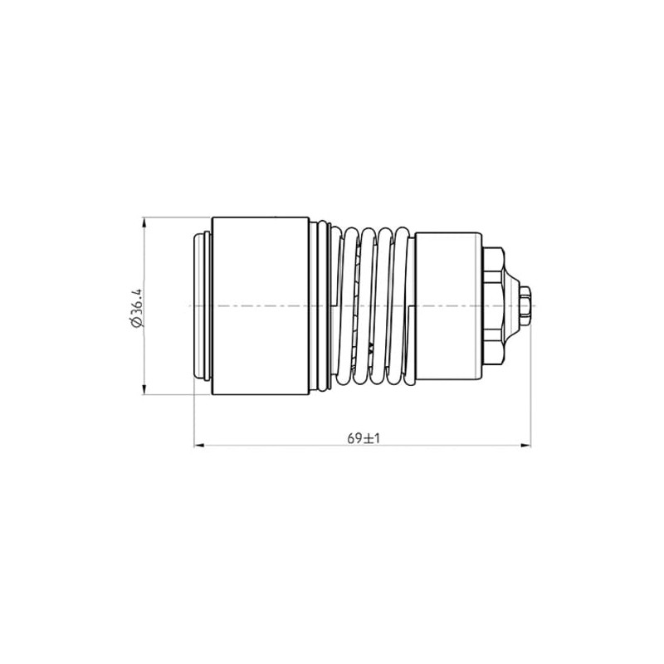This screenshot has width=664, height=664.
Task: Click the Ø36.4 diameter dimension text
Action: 137,308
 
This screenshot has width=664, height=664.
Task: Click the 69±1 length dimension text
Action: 364,438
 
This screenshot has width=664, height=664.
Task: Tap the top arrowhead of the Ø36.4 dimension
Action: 144,223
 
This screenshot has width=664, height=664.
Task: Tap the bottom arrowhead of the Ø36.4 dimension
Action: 144,389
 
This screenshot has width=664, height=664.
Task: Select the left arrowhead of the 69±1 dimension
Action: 199,445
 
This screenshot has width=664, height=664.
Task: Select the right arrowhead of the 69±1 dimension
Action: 525,445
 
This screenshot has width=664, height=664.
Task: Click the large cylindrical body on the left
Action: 261,306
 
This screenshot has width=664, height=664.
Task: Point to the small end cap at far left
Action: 202,305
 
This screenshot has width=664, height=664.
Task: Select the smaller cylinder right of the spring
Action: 448,305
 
